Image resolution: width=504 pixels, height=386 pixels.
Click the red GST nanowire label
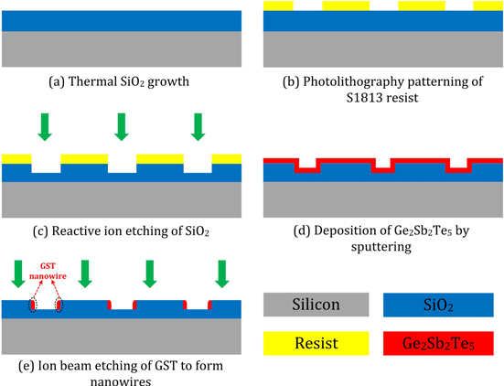[x=43, y=271]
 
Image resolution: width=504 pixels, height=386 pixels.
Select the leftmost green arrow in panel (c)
[x=44, y=128]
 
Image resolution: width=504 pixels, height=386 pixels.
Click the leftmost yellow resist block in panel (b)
[x=278, y=5]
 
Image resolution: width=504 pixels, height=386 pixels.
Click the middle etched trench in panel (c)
[x=122, y=168]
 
